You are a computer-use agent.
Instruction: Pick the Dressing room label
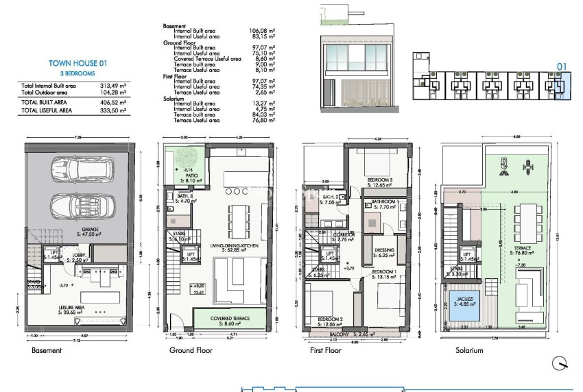[x=385, y=252]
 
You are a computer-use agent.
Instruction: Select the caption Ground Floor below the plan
[x=191, y=351]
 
